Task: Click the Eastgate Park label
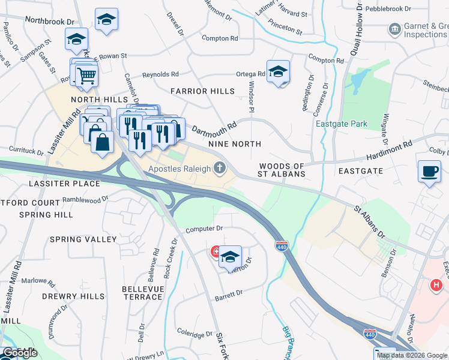click(341, 124)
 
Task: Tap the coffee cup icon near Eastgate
click(430, 171)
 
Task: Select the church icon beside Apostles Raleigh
click(220, 167)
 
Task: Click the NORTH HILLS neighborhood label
click(92, 100)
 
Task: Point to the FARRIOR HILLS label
click(202, 91)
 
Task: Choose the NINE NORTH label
click(235, 144)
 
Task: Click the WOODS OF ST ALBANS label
click(282, 169)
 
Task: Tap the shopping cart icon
click(86, 76)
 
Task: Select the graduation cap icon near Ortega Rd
click(278, 72)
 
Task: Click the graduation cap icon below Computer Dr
click(230, 257)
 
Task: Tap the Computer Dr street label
click(204, 229)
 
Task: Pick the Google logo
click(20, 353)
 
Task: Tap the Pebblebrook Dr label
click(390, 9)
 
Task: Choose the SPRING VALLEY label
click(83, 239)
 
